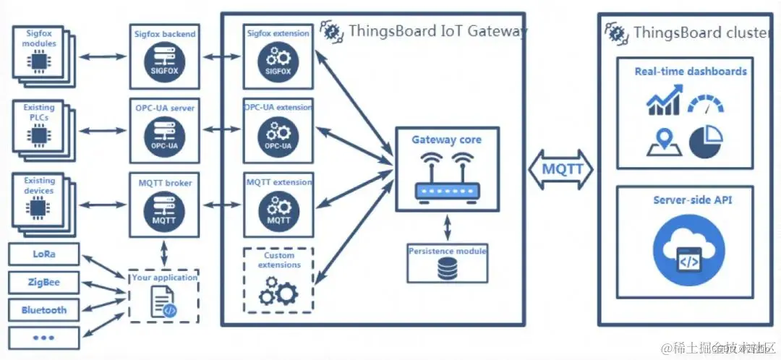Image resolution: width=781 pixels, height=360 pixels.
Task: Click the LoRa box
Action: [x=44, y=255]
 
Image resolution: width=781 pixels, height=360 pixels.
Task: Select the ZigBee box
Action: [x=44, y=283]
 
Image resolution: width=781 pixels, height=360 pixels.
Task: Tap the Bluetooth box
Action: [x=44, y=310]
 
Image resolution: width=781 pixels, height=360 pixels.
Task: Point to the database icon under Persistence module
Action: [x=448, y=270]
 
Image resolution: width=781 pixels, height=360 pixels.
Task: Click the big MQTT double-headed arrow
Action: [x=561, y=170]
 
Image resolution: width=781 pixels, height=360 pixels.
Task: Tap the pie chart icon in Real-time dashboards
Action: [x=706, y=142]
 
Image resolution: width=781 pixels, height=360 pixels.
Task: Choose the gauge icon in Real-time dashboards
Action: [x=706, y=103]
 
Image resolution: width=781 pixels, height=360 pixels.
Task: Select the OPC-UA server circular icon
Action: [x=165, y=134]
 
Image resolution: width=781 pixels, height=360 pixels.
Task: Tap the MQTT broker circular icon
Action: [x=165, y=210]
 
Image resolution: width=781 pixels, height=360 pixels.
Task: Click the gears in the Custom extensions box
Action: [x=278, y=292]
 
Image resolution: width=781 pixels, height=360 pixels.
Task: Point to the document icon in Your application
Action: [x=164, y=301]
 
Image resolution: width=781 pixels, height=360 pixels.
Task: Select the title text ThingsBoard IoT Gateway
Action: [x=438, y=31]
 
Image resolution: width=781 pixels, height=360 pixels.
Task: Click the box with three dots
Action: [x=44, y=338]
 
